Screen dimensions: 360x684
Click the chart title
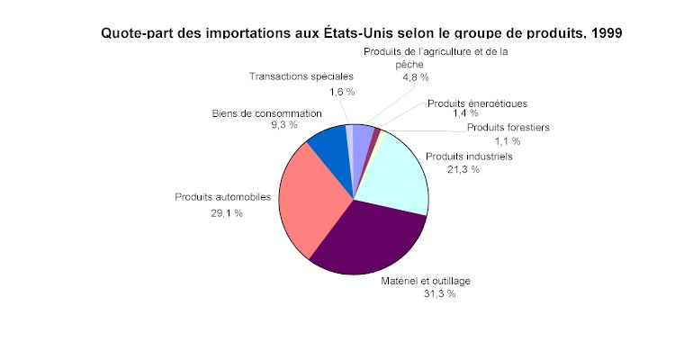coord(360,32)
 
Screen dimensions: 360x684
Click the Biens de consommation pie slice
coord(328,144)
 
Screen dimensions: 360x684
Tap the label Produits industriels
coord(469,156)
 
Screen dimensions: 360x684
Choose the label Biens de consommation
coord(266,113)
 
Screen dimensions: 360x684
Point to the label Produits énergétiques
coord(477,103)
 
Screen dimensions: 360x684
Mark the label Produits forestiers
coord(508,127)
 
